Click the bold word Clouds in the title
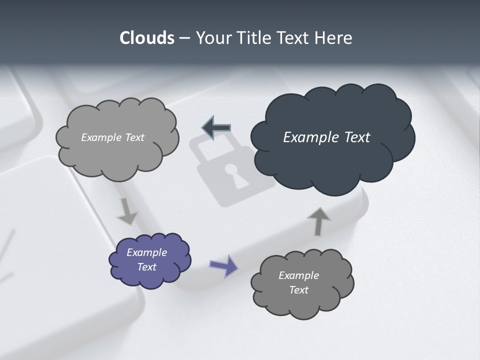[x=146, y=38]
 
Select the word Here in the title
[x=333, y=38]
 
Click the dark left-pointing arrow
[x=216, y=127]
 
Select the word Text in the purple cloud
[x=147, y=267]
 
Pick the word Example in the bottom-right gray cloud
[x=298, y=275]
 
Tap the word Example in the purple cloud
[x=147, y=252]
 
